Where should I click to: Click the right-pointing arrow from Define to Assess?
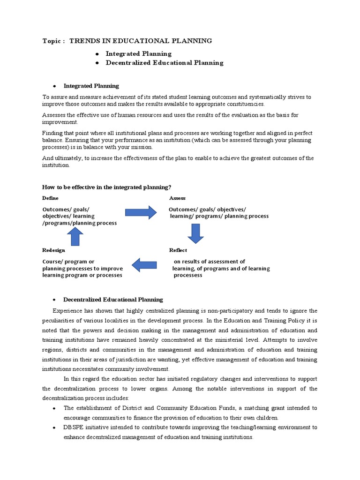click(141, 212)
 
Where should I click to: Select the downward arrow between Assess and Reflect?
click(195, 233)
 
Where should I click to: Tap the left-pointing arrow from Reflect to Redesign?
click(144, 265)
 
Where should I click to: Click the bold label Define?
click(50, 198)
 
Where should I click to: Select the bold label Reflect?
click(178, 250)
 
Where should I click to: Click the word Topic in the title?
click(51, 41)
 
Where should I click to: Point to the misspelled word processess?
click(188, 275)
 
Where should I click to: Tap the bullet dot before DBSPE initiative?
click(54, 427)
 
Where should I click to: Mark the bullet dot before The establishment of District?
click(54, 408)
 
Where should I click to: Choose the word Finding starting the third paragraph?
click(52, 133)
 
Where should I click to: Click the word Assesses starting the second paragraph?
click(54, 115)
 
